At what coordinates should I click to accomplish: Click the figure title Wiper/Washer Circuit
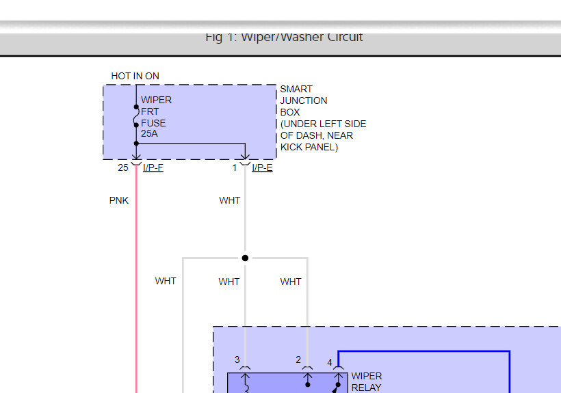point(284,38)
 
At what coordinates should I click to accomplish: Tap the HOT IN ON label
point(135,76)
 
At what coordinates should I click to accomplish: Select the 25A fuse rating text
point(149,134)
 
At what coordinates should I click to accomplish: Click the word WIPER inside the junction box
point(156,100)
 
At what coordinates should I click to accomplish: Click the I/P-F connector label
point(153,167)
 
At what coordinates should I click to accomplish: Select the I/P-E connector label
point(262,167)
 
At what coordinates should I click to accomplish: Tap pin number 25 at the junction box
point(122,167)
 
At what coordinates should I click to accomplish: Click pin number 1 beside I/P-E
point(234,167)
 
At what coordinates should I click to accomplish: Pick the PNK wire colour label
point(119,201)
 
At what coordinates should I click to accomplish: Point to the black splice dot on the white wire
point(245,258)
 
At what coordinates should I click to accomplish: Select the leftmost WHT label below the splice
point(166,281)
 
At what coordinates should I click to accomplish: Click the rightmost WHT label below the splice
point(291,282)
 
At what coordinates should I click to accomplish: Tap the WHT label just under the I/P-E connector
point(230,201)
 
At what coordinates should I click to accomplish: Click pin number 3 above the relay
point(237,360)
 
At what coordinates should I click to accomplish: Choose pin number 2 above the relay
point(298,360)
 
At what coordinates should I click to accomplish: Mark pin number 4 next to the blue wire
point(329,362)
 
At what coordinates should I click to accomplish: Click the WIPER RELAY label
point(367,381)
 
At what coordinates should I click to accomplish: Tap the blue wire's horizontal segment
point(424,351)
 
